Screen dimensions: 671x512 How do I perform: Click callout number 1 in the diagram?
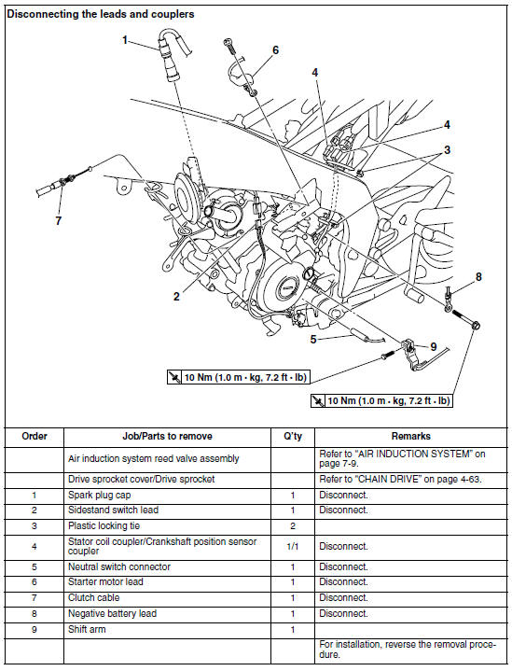(124, 40)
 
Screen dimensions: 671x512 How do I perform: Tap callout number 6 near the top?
(275, 49)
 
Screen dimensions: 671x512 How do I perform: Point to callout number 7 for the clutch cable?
(60, 221)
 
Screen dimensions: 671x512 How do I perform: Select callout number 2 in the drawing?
(176, 297)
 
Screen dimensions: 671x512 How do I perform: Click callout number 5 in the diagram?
(314, 340)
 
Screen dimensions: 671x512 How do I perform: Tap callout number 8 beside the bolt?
(478, 276)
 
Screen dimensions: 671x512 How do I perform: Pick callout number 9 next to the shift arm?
(433, 346)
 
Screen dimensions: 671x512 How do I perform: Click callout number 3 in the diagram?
(447, 149)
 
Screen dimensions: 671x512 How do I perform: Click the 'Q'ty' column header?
(292, 436)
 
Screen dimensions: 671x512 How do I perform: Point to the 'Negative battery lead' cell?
(111, 613)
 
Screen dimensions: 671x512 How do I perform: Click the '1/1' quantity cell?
(292, 546)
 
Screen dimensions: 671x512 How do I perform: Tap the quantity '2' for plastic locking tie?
(292, 525)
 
